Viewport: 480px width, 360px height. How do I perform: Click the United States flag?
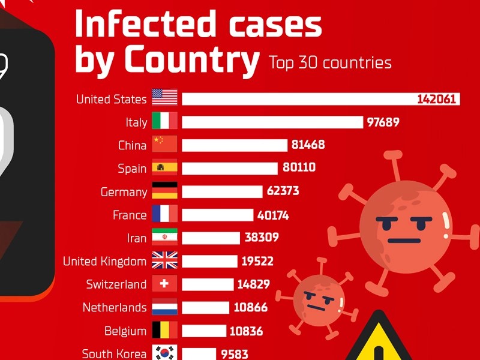[x=164, y=98]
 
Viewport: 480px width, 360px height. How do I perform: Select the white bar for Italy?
[x=272, y=122]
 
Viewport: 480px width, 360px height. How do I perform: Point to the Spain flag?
[x=164, y=168]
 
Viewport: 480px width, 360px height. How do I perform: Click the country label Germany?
[x=124, y=192]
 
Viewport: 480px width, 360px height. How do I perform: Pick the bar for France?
[x=217, y=215]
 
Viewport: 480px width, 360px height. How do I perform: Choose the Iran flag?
[x=164, y=238]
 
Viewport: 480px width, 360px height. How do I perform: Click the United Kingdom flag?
[x=164, y=261]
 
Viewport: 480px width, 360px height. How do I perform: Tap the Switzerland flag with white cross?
[x=164, y=284]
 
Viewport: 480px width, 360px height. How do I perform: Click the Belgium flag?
[x=164, y=331]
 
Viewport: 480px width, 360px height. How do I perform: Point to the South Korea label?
[x=114, y=353]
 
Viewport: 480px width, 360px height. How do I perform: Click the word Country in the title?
[x=191, y=60]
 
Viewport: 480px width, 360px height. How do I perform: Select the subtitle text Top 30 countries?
[x=330, y=62]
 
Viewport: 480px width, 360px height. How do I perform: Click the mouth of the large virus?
[x=403, y=241]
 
